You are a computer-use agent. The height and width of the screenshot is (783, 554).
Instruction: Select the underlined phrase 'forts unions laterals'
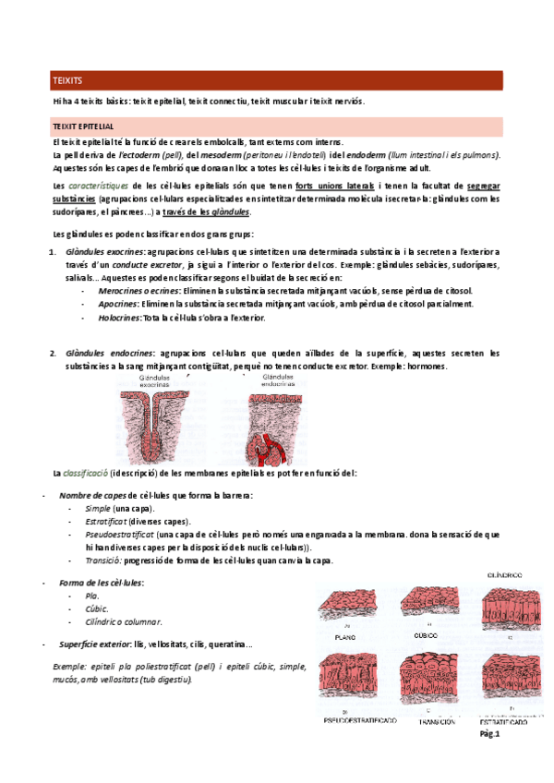pyautogui.click(x=335, y=186)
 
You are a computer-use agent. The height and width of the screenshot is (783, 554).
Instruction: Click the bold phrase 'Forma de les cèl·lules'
pyautogui.click(x=101, y=584)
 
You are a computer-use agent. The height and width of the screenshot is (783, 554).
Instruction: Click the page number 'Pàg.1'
pyautogui.click(x=488, y=735)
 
